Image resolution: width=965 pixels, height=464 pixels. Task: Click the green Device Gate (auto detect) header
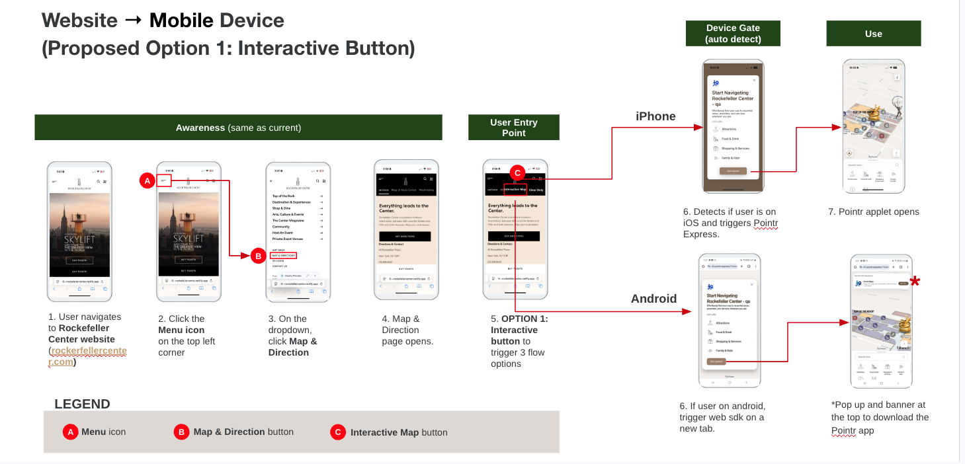733,34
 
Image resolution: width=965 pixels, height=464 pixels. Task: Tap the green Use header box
873,34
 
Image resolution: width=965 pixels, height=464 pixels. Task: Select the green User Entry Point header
513,128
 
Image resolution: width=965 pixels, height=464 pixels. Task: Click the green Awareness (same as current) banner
238,128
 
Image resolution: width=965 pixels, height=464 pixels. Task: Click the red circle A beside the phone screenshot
147,180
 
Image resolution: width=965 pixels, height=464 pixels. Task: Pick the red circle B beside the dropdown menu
259,256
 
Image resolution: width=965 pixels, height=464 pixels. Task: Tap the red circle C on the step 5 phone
518,173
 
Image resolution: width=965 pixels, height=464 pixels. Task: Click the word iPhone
655,116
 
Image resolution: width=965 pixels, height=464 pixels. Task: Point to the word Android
653,299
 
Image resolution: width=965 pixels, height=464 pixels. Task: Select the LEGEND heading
82,405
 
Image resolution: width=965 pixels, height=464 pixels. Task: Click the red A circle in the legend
70,432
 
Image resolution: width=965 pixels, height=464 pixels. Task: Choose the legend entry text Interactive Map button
399,432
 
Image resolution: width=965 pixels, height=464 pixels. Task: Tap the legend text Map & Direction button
243,432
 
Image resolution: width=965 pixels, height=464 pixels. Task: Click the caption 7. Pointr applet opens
873,212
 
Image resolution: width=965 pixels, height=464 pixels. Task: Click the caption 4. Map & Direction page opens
407,330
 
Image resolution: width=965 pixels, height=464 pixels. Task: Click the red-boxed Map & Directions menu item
283,255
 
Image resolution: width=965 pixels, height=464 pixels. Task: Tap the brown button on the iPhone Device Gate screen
733,171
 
